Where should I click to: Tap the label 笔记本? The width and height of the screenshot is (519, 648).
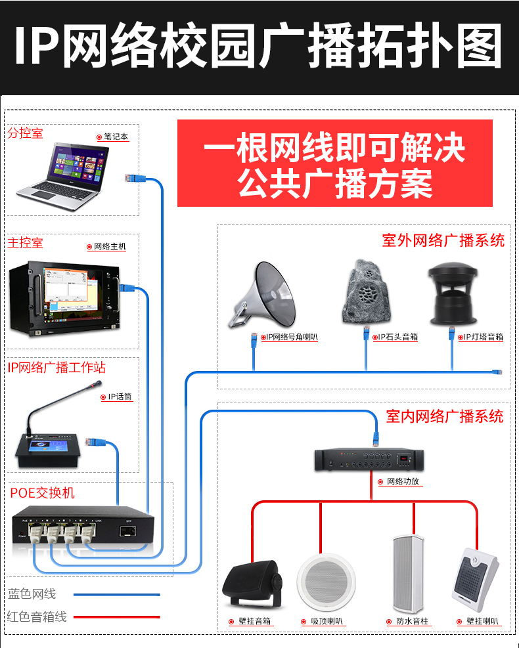click(x=116, y=137)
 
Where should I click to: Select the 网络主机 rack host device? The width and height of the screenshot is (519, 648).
click(x=64, y=297)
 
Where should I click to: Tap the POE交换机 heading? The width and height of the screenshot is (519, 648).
click(x=42, y=492)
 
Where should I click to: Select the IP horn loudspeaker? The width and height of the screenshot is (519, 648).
click(x=263, y=295)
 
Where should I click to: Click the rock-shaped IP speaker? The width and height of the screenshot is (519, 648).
click(x=365, y=292)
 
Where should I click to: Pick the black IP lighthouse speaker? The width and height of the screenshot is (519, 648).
click(x=453, y=293)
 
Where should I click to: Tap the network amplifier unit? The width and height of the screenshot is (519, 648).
click(x=369, y=460)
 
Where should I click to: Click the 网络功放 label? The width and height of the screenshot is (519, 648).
click(x=403, y=481)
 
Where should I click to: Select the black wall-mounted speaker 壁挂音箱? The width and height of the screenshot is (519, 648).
click(x=252, y=584)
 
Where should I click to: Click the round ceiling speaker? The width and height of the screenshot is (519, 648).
click(x=327, y=582)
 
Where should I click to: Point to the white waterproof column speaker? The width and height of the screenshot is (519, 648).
click(x=408, y=574)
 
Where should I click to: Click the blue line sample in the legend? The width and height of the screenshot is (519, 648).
click(x=117, y=595)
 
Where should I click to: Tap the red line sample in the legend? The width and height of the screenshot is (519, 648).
click(x=117, y=617)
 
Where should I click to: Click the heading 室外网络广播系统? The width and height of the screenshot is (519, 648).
click(x=443, y=240)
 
